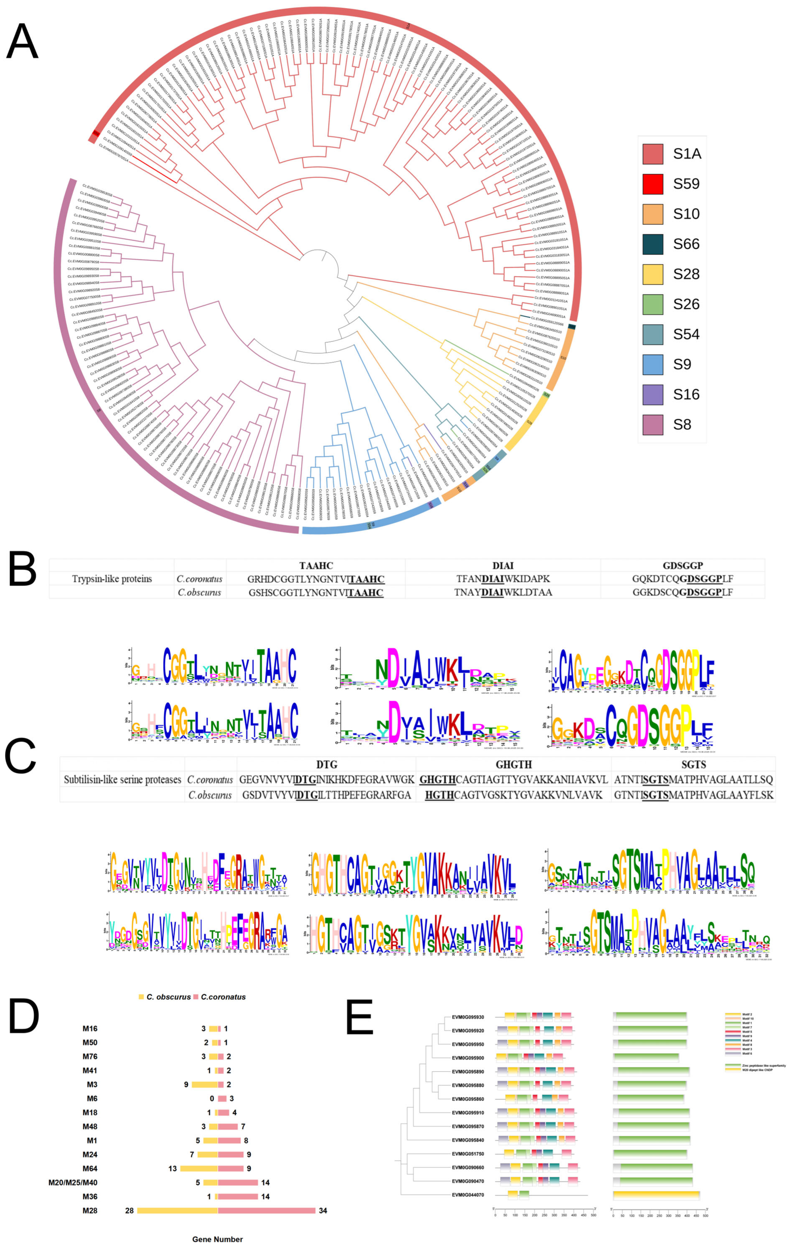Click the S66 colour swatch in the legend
point(652,244)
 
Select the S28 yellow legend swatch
point(652,274)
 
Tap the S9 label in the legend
point(682,364)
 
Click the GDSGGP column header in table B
point(682,566)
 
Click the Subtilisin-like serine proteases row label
point(122,779)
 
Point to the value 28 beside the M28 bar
point(129,1210)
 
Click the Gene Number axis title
point(217,1239)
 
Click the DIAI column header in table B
point(503,566)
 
